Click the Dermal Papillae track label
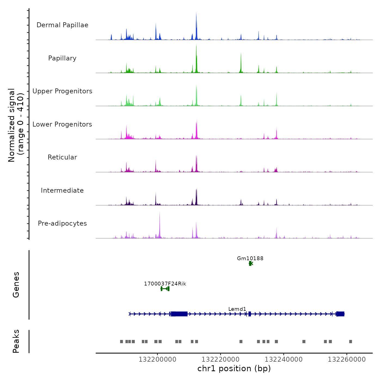(x=62, y=25)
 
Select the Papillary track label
(x=62, y=58)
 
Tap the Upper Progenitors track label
(x=62, y=91)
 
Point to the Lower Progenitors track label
(x=62, y=124)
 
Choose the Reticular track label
(x=62, y=157)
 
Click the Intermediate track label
(x=62, y=190)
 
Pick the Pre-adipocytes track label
(x=62, y=223)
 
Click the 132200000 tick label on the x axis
(x=157, y=360)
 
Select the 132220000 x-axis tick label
(x=220, y=360)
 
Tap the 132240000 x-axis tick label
(x=284, y=360)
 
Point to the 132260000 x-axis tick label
(x=347, y=360)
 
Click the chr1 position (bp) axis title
(x=234, y=368)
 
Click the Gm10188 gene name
(x=250, y=258)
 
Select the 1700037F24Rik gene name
(x=165, y=284)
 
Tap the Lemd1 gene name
(x=237, y=309)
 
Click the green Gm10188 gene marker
(x=251, y=263)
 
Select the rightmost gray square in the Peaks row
(x=351, y=342)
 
